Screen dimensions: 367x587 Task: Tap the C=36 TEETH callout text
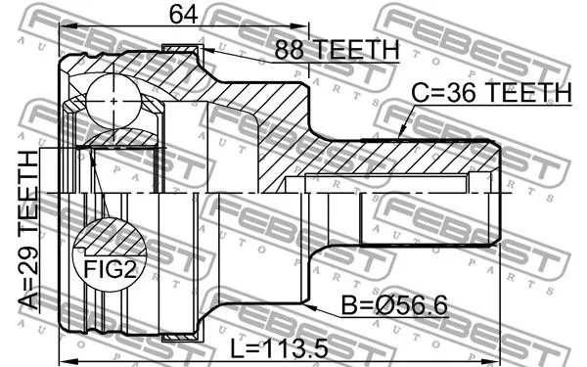[x=490, y=93]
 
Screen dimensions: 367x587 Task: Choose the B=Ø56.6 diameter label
[x=392, y=306]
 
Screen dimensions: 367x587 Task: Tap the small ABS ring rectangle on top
[x=181, y=50]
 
